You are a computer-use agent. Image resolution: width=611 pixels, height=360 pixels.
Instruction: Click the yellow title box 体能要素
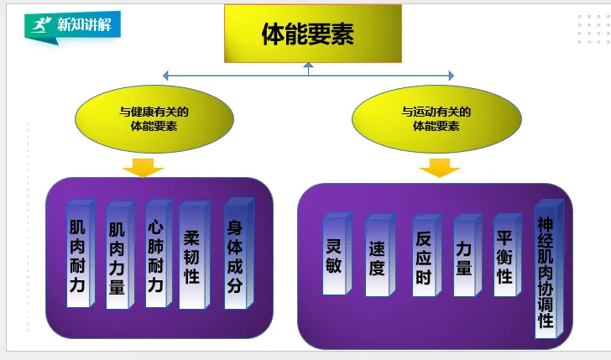pyautogui.click(x=307, y=34)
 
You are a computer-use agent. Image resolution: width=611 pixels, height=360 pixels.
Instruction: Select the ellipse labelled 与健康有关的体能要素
pyautogui.click(x=154, y=119)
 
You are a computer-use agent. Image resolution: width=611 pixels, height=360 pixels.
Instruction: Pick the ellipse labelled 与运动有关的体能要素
pyautogui.click(x=436, y=119)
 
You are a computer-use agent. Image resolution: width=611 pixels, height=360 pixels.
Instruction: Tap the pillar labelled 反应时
pyautogui.click(x=424, y=254)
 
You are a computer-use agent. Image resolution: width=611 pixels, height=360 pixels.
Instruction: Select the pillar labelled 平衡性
pyautogui.click(x=505, y=253)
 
